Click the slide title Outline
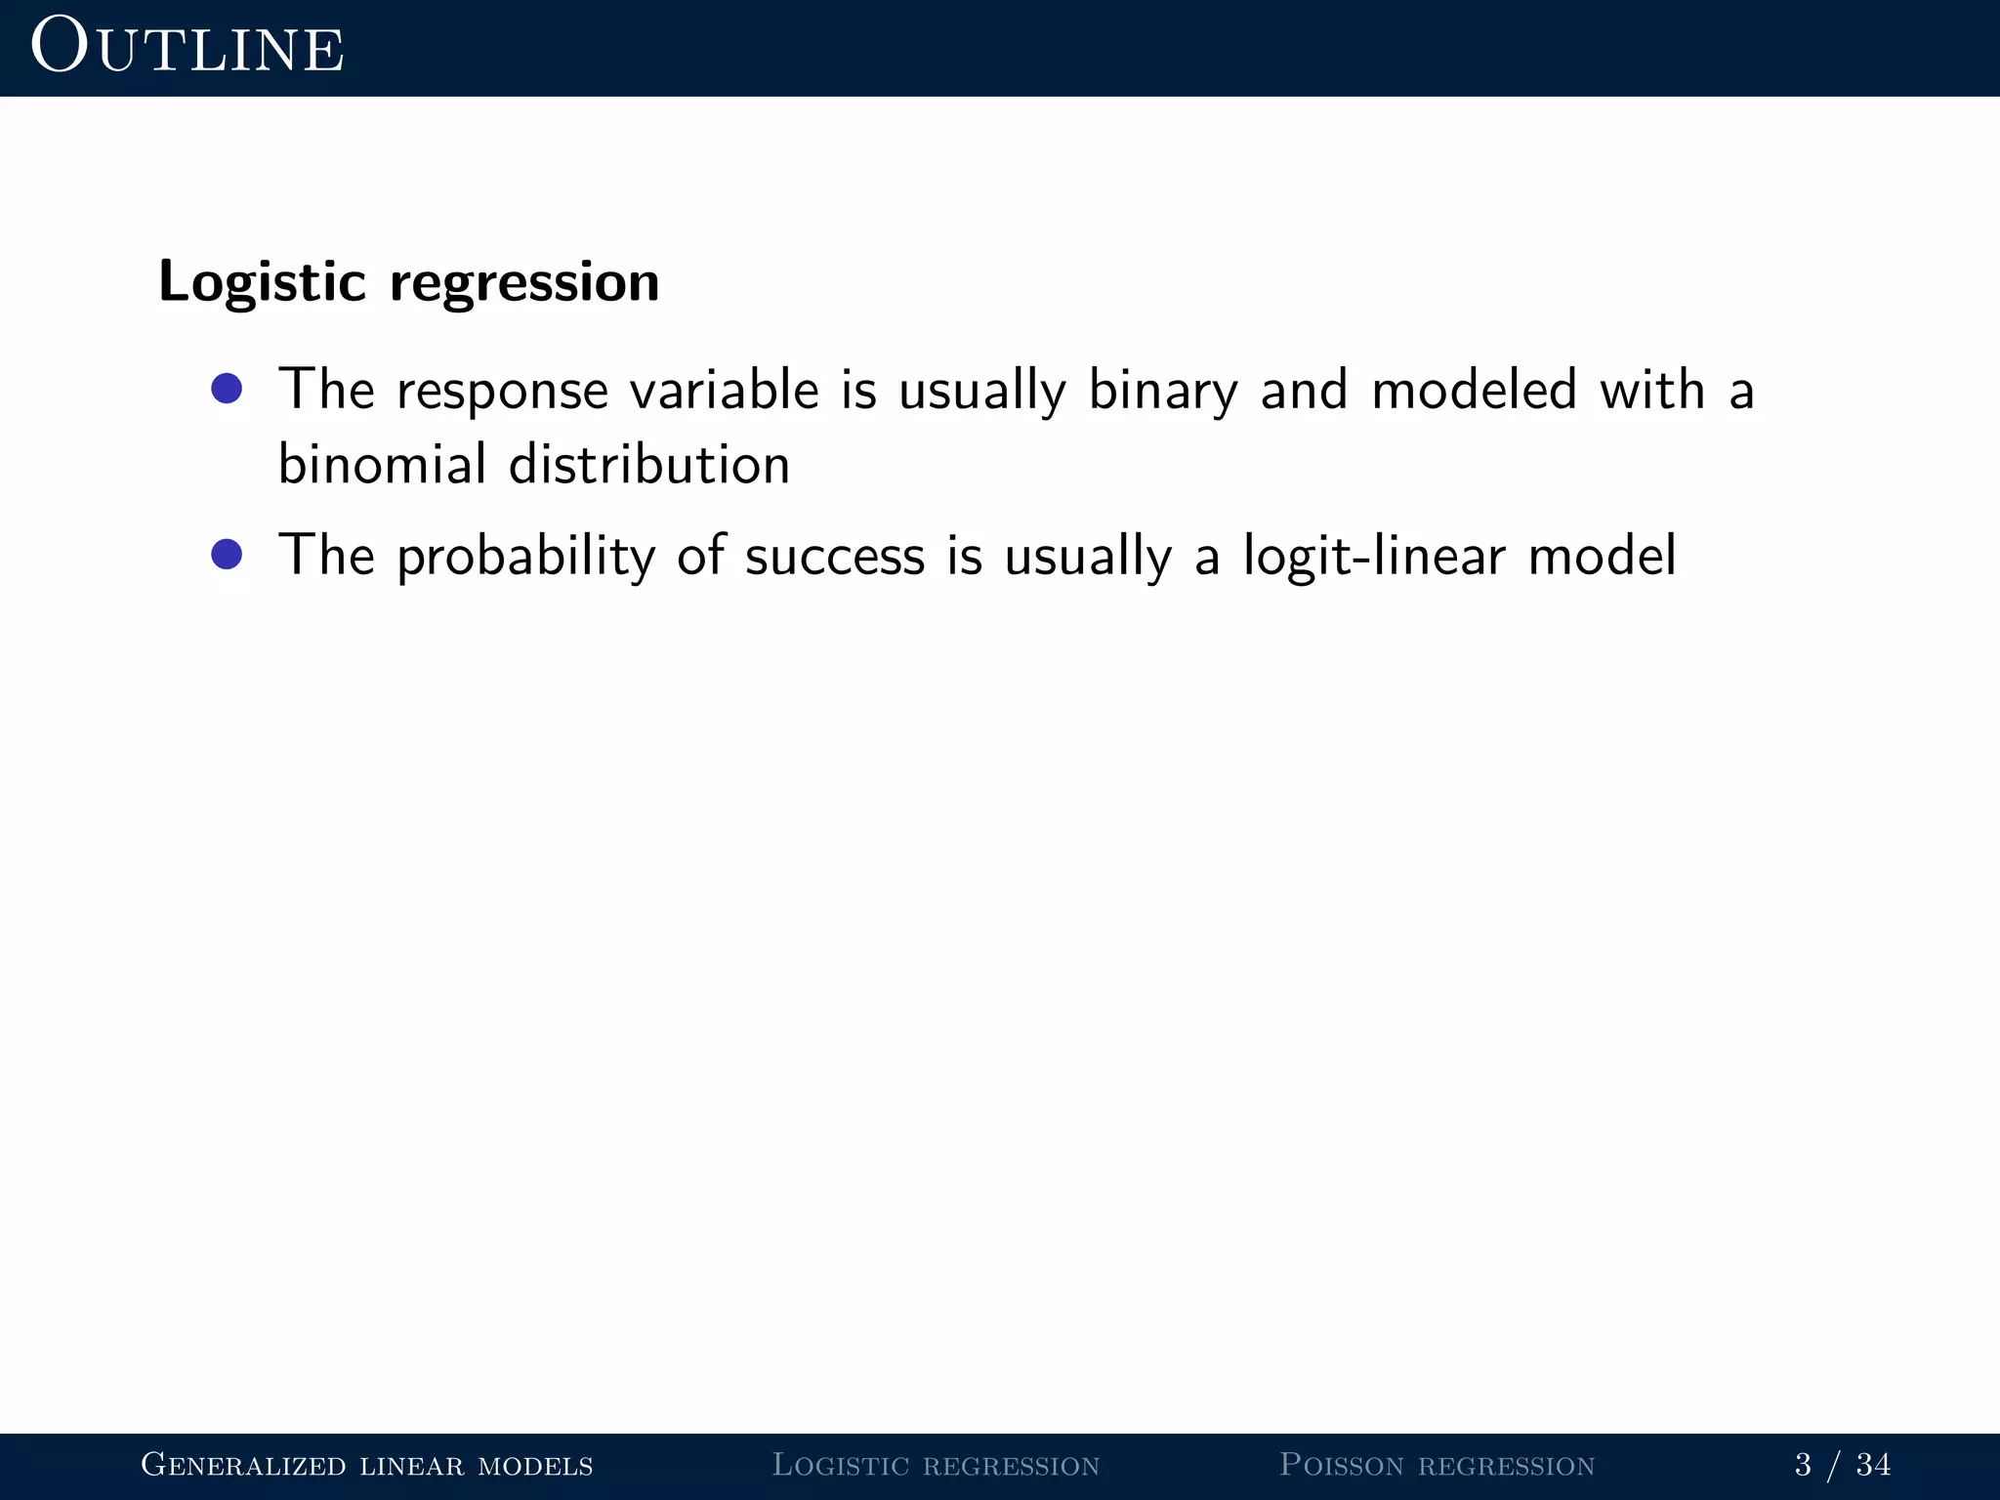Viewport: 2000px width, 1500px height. click(187, 48)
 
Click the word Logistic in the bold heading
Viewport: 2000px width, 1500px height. click(262, 282)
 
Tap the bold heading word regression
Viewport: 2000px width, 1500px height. click(524, 282)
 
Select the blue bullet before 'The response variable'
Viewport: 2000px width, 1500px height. click(227, 389)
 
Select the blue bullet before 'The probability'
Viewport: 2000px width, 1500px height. click(227, 555)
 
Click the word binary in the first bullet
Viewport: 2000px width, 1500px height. click(1162, 391)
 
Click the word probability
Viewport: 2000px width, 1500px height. click(525, 557)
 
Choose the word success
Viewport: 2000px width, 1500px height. click(834, 556)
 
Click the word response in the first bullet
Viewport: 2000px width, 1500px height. click(502, 391)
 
